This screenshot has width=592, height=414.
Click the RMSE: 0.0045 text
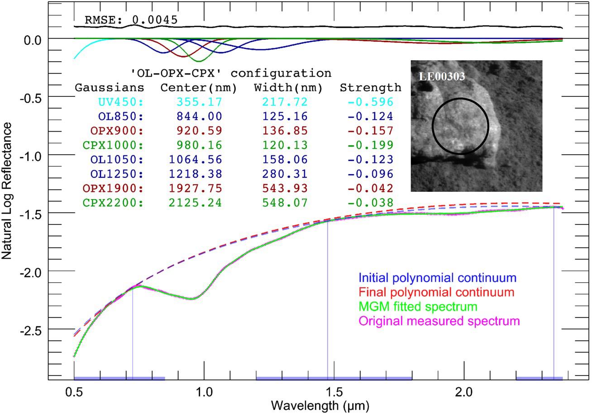[131, 20]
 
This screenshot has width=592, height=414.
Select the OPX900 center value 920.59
[199, 131]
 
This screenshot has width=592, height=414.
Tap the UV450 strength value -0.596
[371, 102]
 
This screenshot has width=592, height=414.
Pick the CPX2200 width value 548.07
[285, 203]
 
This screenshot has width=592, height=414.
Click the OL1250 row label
[117, 174]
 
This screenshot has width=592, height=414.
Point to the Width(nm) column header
[288, 88]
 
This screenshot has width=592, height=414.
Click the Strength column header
[371, 88]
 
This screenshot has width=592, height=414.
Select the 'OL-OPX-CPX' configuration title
[231, 73]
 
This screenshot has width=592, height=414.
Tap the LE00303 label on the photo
[442, 76]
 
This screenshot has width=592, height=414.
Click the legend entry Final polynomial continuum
[437, 292]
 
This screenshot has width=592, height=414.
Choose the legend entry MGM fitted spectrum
[418, 306]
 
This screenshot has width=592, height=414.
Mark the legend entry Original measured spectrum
[439, 321]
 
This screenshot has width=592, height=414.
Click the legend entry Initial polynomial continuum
[437, 278]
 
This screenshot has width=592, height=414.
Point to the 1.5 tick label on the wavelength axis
[334, 393]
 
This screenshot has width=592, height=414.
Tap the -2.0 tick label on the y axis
[31, 272]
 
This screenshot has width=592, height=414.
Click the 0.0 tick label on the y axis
[33, 40]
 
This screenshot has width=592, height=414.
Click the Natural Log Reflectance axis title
[6, 191]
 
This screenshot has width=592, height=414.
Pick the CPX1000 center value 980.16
[199, 145]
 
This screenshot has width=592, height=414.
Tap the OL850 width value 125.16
[285, 116]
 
